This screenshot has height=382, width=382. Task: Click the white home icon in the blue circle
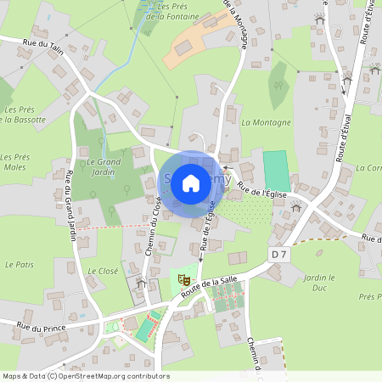(191, 182)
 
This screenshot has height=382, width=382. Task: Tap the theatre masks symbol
(183, 278)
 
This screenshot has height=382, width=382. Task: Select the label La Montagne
(266, 122)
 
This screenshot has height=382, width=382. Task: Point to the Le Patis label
(19, 265)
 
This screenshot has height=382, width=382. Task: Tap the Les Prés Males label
(14, 161)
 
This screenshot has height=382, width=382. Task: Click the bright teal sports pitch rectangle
(275, 166)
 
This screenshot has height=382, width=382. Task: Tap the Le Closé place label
(103, 271)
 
